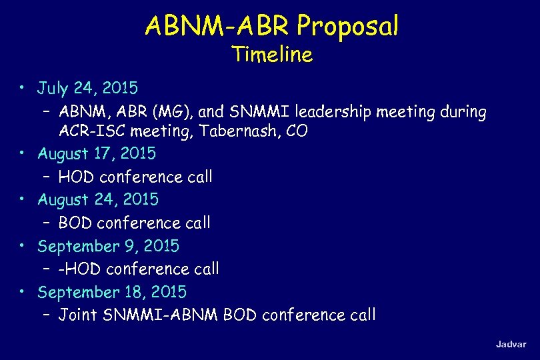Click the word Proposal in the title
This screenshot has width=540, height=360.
[348, 26]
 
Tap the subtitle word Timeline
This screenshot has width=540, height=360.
[272, 54]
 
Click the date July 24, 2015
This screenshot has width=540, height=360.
[87, 87]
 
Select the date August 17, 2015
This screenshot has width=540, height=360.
[97, 153]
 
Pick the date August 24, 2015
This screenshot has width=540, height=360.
[98, 199]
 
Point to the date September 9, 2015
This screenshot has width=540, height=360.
[108, 246]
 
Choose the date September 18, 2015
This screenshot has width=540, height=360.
[112, 292]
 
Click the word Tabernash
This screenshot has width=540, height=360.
[223, 131]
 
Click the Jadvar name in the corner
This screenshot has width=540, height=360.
[511, 344]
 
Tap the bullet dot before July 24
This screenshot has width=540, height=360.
[23, 87]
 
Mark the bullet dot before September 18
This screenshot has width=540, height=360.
[23, 292]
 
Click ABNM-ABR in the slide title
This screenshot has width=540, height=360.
[218, 26]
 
